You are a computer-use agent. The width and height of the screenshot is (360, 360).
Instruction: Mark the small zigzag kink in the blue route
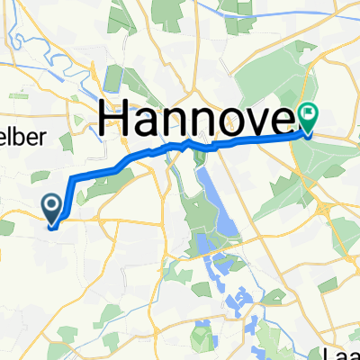[186, 141]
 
